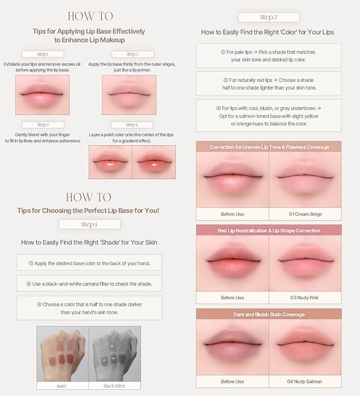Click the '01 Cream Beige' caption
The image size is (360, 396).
[305, 214]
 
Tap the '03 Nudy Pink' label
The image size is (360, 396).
[305, 297]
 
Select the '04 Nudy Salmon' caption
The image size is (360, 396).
[305, 381]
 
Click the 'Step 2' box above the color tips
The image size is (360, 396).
[269, 17]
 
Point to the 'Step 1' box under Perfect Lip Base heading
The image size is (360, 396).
[89, 224]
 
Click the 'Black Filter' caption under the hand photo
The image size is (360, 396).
[115, 385]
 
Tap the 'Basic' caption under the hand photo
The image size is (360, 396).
[62, 385]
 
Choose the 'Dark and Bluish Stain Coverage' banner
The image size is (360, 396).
[269, 314]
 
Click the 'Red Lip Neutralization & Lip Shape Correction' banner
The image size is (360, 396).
[269, 231]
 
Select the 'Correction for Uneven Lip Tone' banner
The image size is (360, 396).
[269, 147]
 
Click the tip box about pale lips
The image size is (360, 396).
[269, 56]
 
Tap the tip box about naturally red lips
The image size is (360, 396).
[269, 84]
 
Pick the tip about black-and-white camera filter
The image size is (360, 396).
[89, 284]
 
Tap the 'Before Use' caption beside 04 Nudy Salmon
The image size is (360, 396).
[232, 381]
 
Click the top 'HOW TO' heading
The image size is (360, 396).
[90, 16]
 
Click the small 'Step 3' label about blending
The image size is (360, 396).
[42, 125]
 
